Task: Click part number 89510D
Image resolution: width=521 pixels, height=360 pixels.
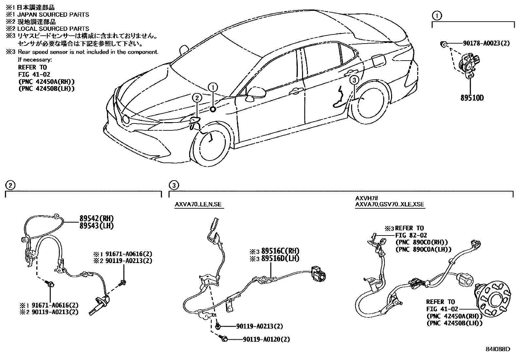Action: [471, 98]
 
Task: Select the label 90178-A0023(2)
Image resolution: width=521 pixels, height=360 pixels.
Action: [486, 43]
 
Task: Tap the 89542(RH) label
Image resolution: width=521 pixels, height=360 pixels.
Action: [97, 219]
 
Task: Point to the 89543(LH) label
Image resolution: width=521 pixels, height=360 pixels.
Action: [96, 226]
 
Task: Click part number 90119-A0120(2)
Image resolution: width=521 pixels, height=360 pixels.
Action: [266, 340]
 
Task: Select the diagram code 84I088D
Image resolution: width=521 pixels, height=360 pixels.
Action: [498, 349]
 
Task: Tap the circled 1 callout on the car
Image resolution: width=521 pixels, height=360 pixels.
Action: [213, 87]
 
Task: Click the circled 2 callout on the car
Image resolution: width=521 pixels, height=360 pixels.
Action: [196, 97]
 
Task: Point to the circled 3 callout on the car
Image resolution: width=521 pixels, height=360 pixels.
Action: [354, 80]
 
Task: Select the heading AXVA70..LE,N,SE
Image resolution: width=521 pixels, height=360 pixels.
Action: [198, 204]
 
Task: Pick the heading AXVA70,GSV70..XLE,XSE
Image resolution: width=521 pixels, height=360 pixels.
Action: [389, 204]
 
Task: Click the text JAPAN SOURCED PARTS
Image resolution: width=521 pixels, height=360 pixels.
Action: [53, 14]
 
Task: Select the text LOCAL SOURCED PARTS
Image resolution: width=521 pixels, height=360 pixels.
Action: [53, 29]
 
